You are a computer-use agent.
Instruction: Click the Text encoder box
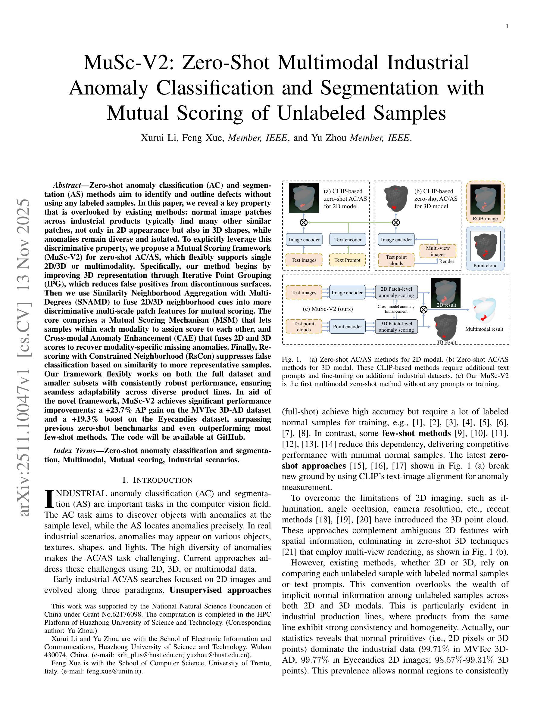[x=348, y=240]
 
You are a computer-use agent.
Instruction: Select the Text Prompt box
[x=347, y=260]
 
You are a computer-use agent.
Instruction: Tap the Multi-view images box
[x=438, y=251]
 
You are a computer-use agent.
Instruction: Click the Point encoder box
[x=347, y=327]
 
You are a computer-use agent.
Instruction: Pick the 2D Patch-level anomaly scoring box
[x=396, y=292]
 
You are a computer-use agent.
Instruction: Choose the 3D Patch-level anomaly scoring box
[x=396, y=327]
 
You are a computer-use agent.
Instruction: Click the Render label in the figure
[x=447, y=261]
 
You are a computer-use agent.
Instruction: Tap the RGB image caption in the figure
[x=485, y=219]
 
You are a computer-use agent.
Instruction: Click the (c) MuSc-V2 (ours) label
[x=328, y=309]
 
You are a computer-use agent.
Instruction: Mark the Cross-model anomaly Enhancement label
[x=396, y=309]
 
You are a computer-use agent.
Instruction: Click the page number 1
[x=507, y=26]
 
